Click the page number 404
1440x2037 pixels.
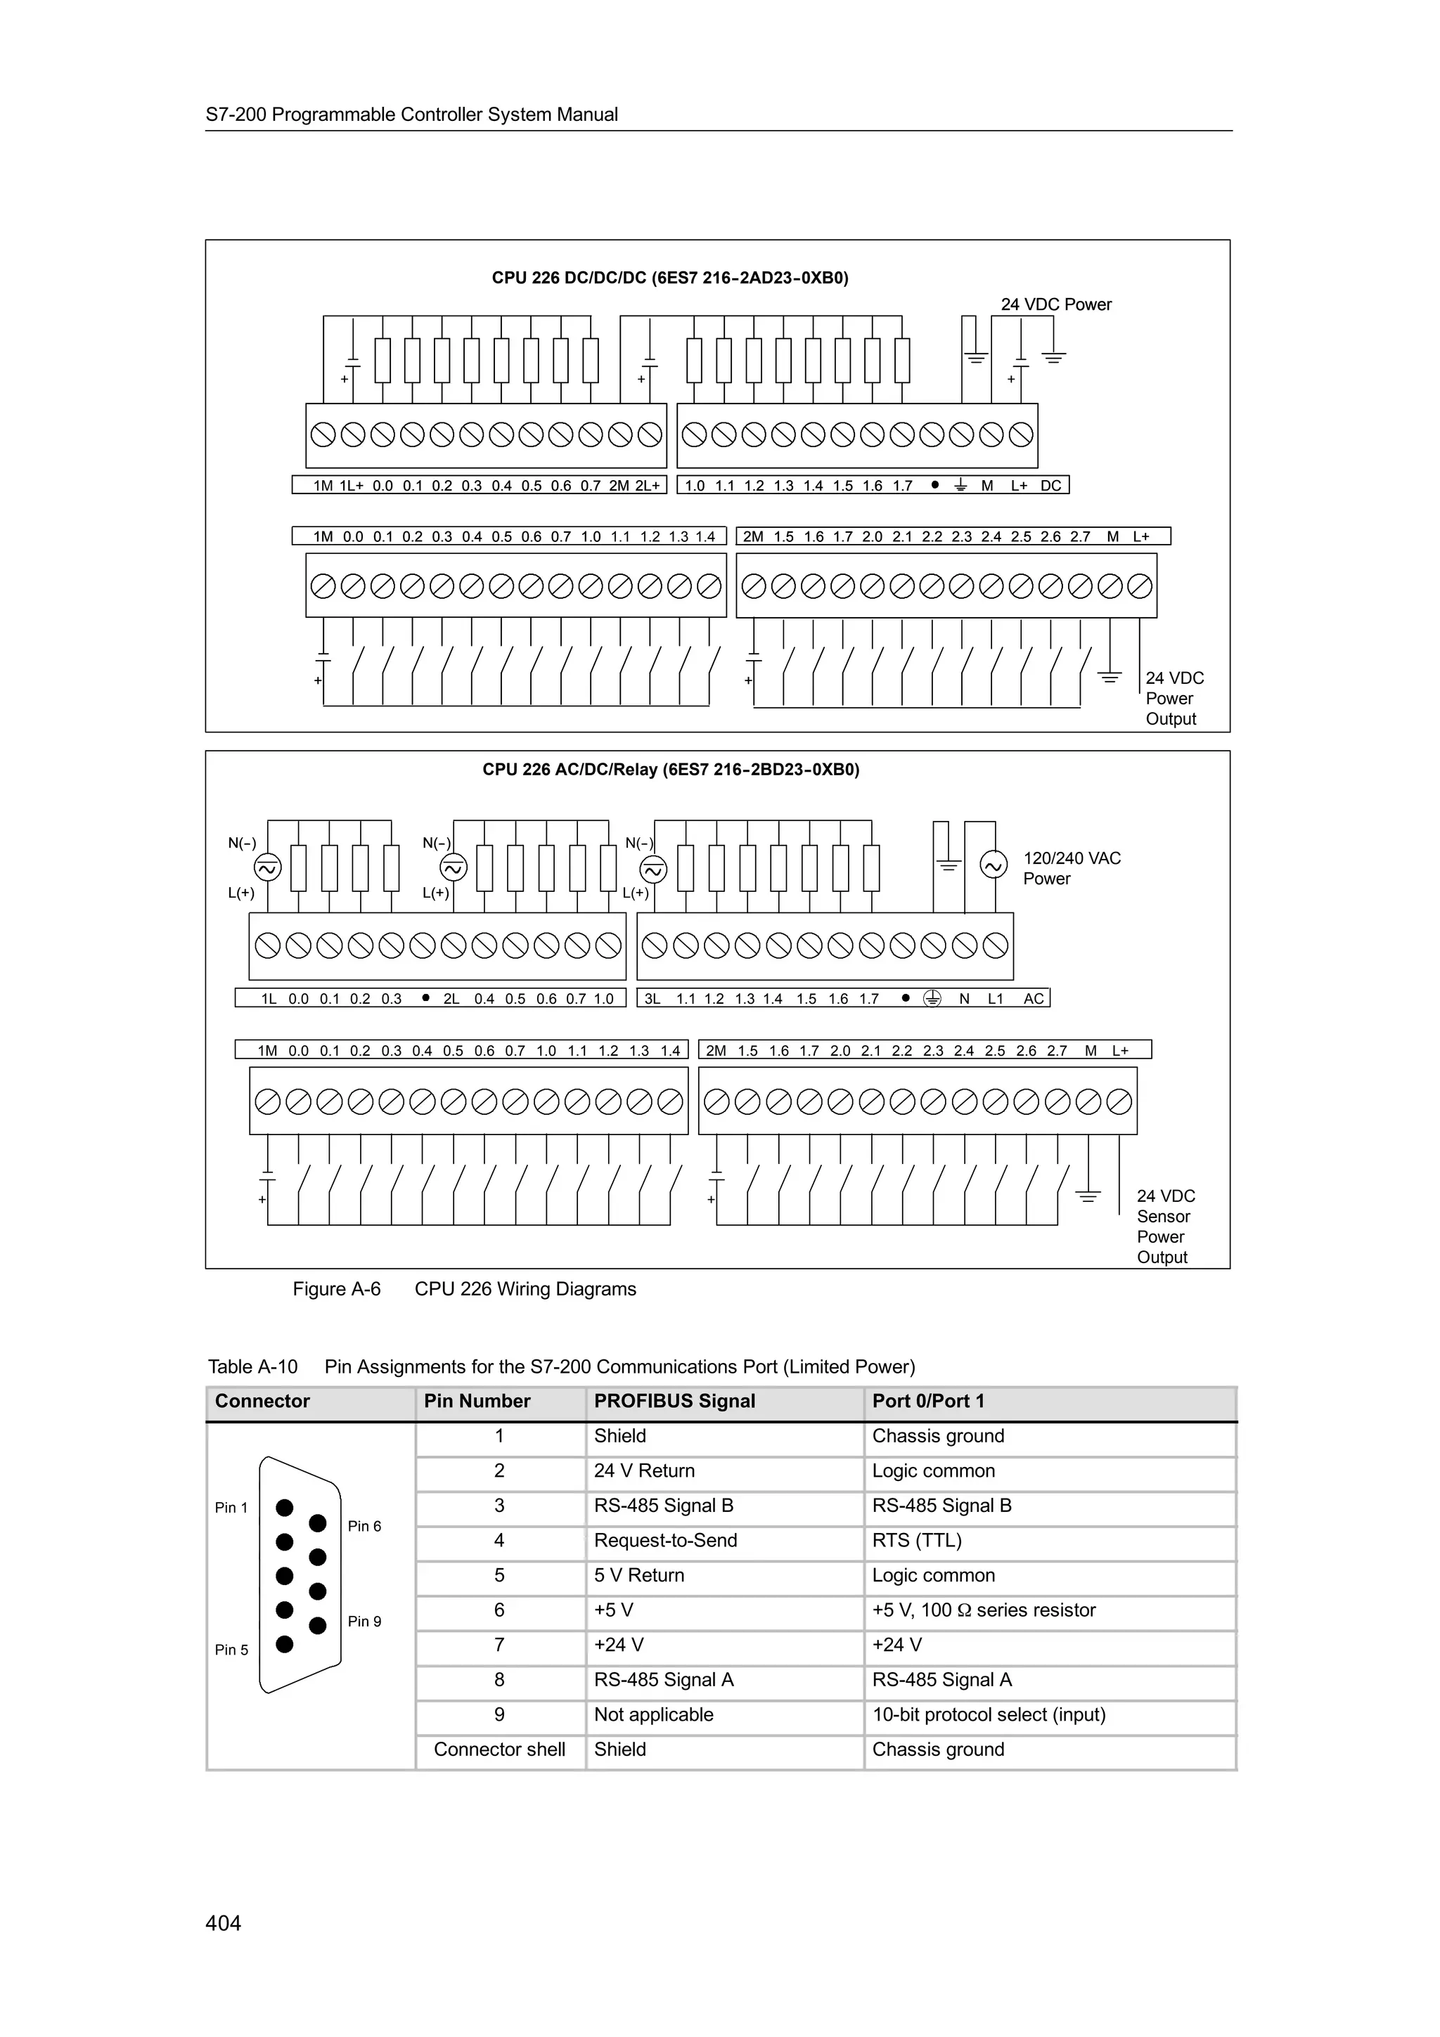(x=223, y=1922)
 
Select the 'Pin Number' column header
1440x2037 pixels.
(x=477, y=1401)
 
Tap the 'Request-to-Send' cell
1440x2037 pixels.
(x=665, y=1540)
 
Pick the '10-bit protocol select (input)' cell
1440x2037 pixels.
(x=989, y=1714)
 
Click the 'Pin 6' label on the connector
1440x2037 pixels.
(x=364, y=1526)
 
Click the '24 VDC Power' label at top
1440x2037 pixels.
(x=1056, y=304)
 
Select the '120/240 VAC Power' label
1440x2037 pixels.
(x=1071, y=869)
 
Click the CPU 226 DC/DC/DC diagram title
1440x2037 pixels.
(x=670, y=278)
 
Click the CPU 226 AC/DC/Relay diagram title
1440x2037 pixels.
(x=671, y=769)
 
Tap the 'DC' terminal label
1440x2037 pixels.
(x=1050, y=486)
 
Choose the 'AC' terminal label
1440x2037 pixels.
(x=1034, y=999)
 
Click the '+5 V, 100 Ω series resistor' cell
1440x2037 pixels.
(x=983, y=1610)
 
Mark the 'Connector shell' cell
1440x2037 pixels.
(x=499, y=1749)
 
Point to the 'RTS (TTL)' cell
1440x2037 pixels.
(x=917, y=1540)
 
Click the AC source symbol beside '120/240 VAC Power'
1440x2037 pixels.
(x=993, y=864)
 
